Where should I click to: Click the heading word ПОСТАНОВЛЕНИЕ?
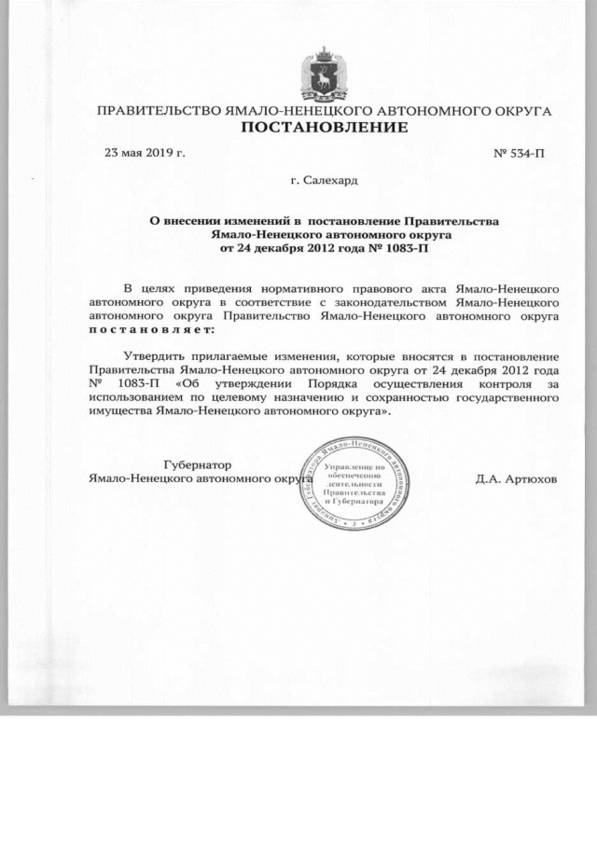(325, 127)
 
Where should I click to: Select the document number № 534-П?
(519, 152)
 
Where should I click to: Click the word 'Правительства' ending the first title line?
(457, 221)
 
